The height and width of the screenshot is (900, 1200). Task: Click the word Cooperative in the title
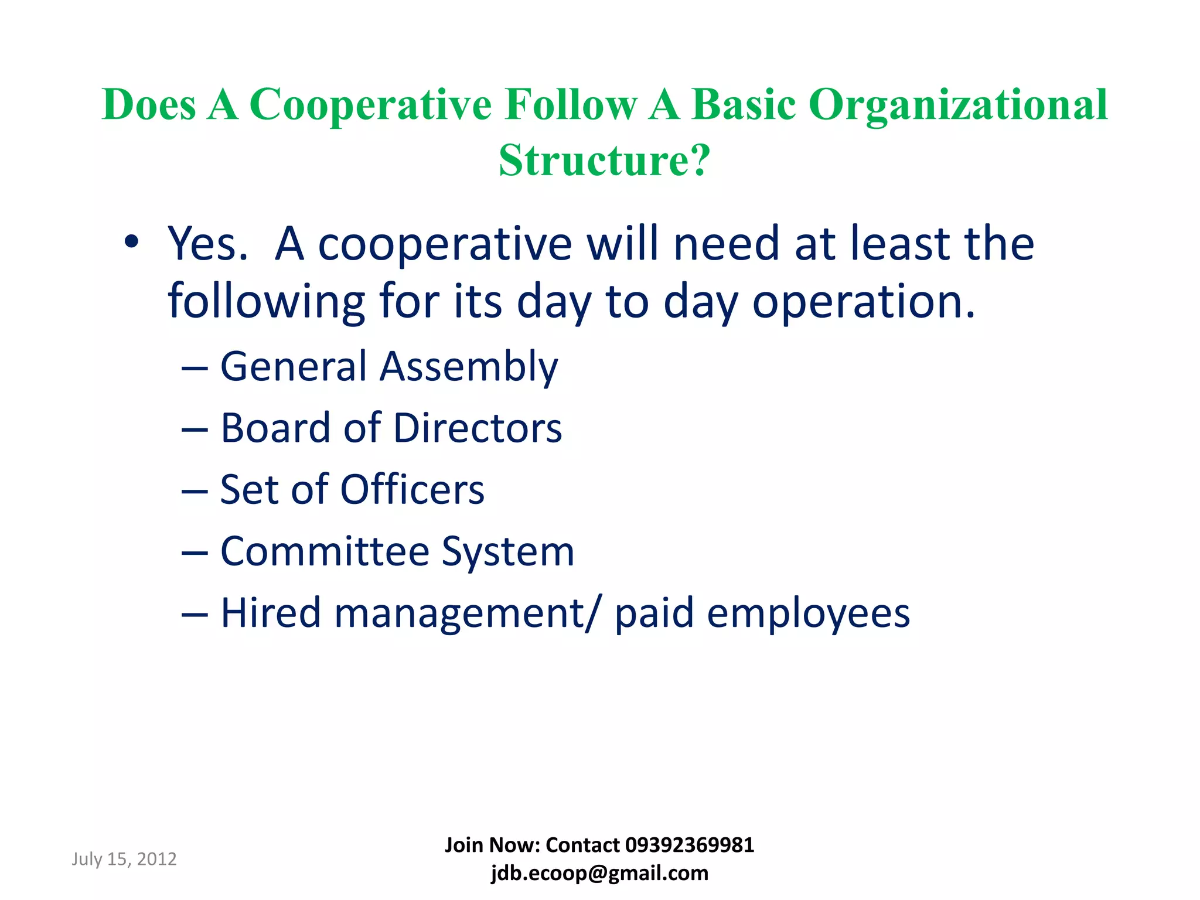tap(370, 105)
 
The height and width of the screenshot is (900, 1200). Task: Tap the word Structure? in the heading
tap(604, 160)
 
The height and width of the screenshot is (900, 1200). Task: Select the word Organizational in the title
tap(958, 105)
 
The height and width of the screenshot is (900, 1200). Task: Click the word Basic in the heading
tap(744, 105)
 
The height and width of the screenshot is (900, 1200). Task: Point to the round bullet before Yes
tap(131, 242)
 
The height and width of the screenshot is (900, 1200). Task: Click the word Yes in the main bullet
tap(207, 243)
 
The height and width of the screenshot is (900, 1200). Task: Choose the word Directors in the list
tap(478, 428)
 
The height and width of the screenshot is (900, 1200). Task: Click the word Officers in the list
tap(412, 489)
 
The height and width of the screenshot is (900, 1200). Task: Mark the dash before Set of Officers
tap(195, 491)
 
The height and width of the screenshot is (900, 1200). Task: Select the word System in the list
tap(508, 552)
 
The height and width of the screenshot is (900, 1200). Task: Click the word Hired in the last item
tap(271, 613)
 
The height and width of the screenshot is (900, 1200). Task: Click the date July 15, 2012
tap(124, 859)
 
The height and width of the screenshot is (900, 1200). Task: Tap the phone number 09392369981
tap(690, 845)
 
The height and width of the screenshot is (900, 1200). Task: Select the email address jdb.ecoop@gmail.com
tap(599, 873)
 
